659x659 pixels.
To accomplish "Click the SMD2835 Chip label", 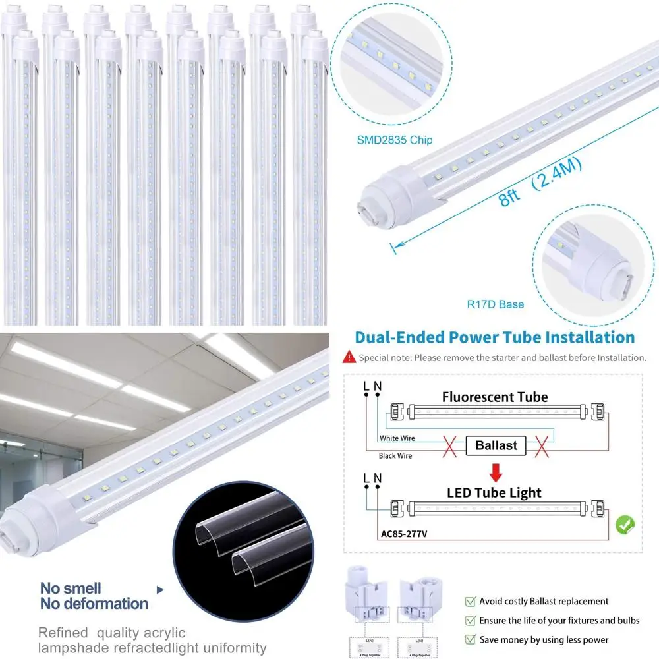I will [x=395, y=140].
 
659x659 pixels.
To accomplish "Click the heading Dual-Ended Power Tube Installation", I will [x=494, y=337].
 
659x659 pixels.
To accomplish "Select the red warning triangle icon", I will [x=349, y=358].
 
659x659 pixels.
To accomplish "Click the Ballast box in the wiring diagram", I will [x=496, y=445].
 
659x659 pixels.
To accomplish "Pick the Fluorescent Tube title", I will [x=494, y=397].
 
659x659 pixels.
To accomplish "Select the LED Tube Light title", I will [x=494, y=493].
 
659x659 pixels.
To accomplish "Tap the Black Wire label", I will [x=396, y=455].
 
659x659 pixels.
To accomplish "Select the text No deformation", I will [x=94, y=603].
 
